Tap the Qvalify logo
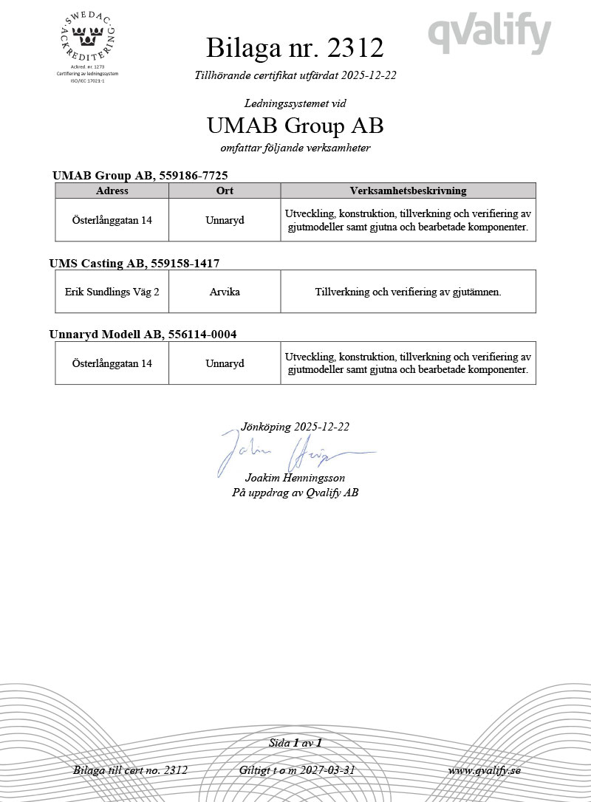tap(490, 34)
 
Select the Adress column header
tap(112, 191)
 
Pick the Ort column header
tap(225, 191)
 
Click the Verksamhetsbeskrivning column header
tap(408, 191)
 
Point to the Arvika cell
tap(225, 292)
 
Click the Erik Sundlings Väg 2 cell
tap(112, 292)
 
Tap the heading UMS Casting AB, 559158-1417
tap(134, 263)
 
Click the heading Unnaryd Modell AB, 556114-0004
tap(143, 335)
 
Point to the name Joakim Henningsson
tap(295, 478)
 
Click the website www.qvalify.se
tap(484, 770)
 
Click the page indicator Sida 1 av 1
tap(295, 743)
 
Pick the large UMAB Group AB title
tap(295, 126)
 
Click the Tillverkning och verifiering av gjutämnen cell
tap(408, 292)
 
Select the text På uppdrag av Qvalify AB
tap(295, 493)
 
